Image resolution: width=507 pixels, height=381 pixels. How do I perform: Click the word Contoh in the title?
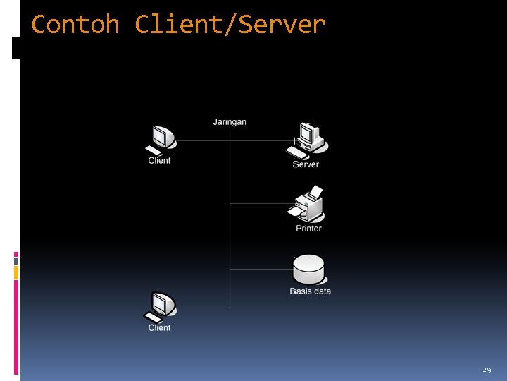(x=75, y=25)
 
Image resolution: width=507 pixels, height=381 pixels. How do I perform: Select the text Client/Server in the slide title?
(x=230, y=25)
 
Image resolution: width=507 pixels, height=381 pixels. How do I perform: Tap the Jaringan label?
(x=230, y=122)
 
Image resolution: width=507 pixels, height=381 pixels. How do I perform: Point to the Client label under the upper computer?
(x=159, y=161)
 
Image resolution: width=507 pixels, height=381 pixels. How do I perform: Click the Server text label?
(x=306, y=164)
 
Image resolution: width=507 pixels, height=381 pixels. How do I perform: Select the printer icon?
(x=307, y=205)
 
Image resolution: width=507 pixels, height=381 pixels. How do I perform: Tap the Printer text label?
(x=308, y=229)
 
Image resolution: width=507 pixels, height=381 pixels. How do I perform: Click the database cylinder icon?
(x=308, y=270)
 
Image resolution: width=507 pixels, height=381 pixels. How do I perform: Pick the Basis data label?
(x=310, y=291)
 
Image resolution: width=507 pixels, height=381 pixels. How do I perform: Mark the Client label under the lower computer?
(x=159, y=328)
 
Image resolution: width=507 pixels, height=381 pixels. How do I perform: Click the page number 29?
(x=487, y=370)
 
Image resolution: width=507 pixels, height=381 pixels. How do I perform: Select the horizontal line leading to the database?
(x=261, y=269)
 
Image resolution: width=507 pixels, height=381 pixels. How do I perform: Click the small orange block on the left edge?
(x=16, y=272)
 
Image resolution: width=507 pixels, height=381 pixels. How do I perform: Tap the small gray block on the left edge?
(x=16, y=260)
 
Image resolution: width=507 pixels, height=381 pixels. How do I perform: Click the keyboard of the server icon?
(x=296, y=152)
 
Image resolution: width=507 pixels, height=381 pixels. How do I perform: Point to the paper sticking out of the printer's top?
(x=316, y=191)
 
